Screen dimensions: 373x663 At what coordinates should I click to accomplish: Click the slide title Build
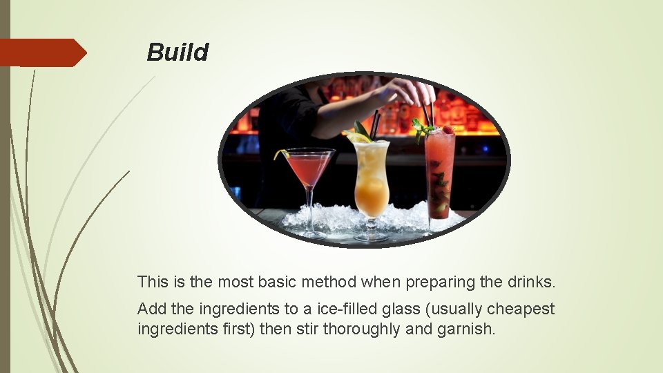pos(177,52)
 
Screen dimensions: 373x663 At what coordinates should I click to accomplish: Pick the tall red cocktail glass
pos(439,173)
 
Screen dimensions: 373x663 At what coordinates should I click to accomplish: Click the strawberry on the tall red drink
pos(449,129)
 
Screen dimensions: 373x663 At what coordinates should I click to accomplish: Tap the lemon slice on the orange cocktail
pos(358,138)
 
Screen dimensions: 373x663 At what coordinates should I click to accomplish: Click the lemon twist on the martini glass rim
pos(280,153)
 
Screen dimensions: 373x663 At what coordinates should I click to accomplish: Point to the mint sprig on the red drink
pos(421,127)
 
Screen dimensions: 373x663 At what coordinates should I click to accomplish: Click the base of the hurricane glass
pos(372,237)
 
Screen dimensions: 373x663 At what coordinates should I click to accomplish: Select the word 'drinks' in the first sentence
pos(532,282)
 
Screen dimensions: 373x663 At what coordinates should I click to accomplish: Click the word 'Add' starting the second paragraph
pos(151,309)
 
